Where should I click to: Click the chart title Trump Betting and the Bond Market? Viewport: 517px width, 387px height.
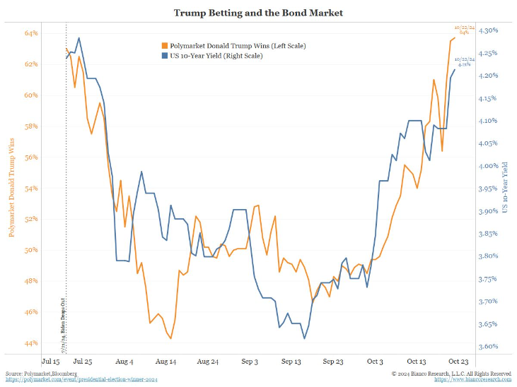pos(259,13)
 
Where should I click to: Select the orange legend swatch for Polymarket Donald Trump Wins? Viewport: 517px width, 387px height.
pos(165,45)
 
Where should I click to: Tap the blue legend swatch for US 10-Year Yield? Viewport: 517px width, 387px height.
pos(165,55)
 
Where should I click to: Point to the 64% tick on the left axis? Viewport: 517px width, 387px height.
pos(31,33)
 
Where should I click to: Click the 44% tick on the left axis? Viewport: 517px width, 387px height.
pos(31,343)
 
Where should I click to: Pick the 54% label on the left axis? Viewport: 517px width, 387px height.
pos(31,189)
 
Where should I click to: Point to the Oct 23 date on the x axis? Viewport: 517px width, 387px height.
pos(455,361)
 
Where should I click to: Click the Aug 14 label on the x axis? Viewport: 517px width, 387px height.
pos(165,361)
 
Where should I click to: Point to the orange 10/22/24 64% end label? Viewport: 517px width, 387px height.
pos(464,30)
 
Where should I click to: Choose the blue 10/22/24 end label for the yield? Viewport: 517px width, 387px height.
pos(463,61)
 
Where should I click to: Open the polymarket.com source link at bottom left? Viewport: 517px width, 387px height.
pos(81,380)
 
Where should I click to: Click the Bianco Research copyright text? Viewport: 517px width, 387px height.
pos(451,372)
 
